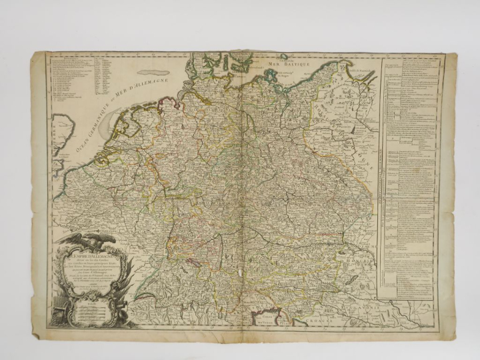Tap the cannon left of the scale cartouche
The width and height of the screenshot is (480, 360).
[x=57, y=313]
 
